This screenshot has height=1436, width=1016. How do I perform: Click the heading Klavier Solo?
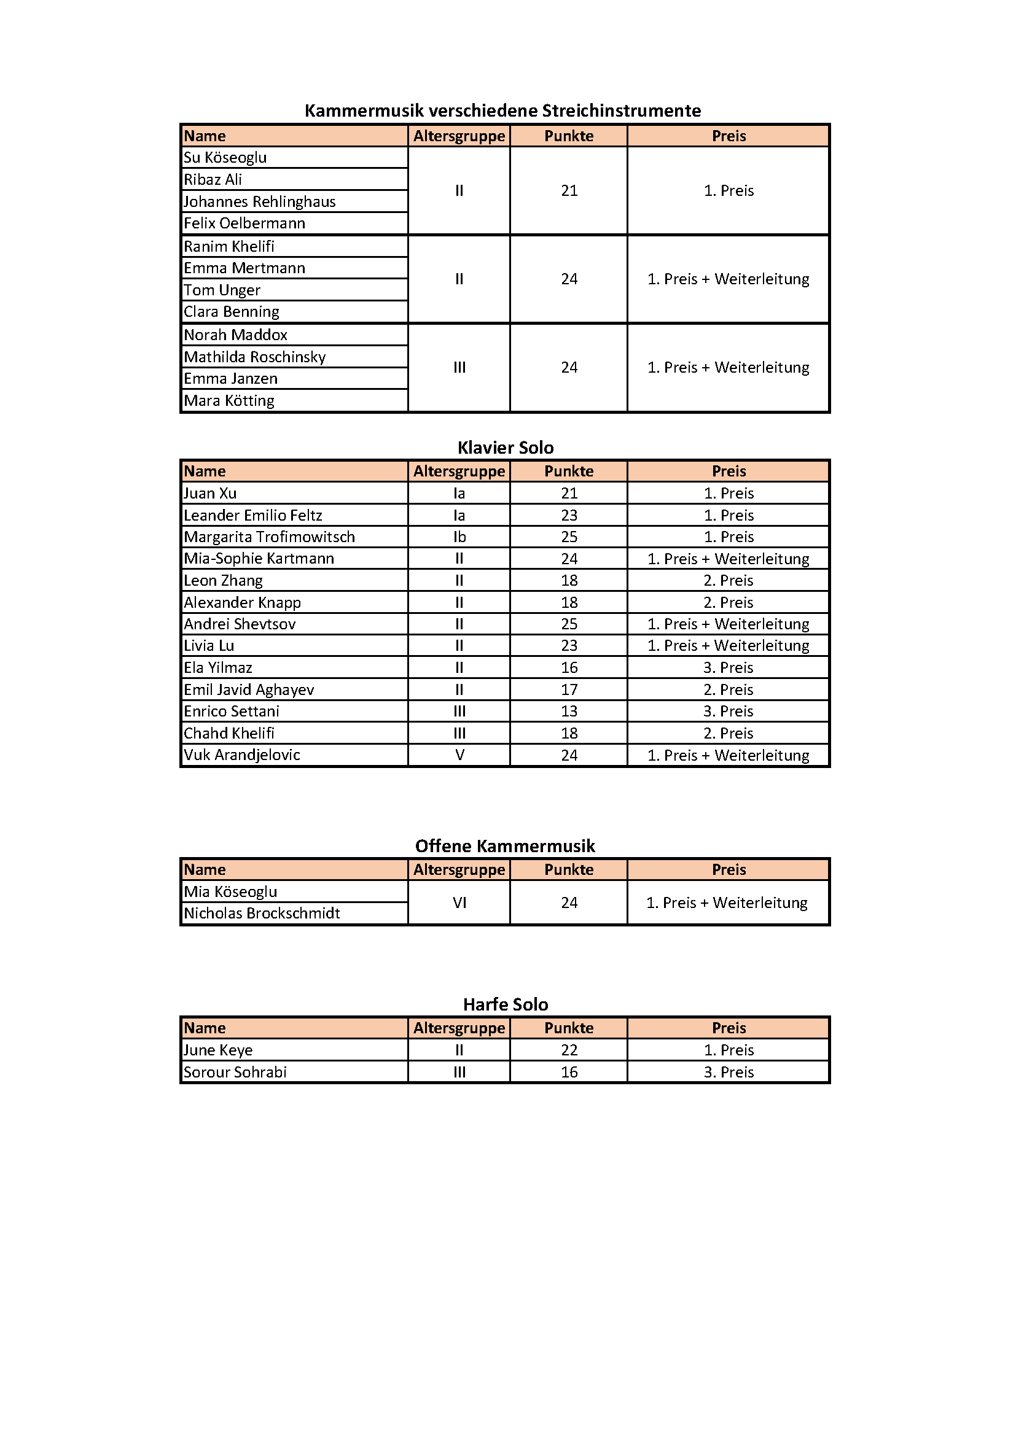(506, 448)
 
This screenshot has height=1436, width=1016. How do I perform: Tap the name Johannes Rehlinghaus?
(260, 201)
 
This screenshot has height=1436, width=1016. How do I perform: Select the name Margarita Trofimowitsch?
(269, 537)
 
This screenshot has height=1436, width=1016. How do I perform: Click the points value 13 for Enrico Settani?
(569, 711)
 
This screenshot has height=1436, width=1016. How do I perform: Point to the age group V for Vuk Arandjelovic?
(459, 755)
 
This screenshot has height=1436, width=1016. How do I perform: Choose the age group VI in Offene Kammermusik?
(459, 902)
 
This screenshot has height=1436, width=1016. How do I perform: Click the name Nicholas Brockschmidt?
(262, 913)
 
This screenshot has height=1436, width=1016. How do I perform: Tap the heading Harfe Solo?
(506, 1004)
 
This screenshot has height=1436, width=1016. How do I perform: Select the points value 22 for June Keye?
(569, 1050)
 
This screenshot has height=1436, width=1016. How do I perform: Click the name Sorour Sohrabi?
(235, 1072)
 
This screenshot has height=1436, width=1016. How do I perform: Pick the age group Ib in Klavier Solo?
(459, 537)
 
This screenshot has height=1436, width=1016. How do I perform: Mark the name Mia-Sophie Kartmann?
(259, 559)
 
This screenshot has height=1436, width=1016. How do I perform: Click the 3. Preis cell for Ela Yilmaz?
(729, 667)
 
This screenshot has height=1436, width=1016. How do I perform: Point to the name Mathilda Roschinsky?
(255, 357)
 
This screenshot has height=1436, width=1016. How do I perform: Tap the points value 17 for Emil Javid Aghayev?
(569, 689)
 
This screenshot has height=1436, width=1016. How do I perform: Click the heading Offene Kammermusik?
(505, 846)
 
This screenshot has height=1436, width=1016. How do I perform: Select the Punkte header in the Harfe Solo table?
(569, 1028)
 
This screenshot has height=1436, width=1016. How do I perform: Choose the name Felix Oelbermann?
(244, 223)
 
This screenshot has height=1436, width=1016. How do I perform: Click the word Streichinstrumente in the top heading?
(621, 111)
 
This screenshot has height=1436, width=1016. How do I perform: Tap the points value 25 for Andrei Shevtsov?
(569, 624)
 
